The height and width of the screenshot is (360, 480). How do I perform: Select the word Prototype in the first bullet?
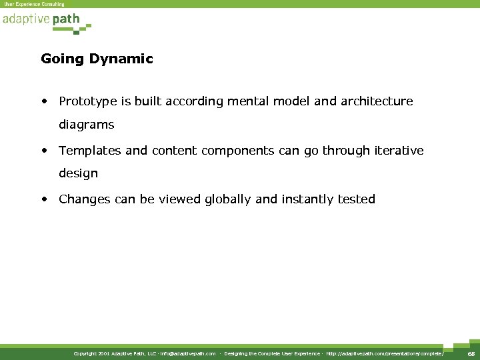(x=87, y=101)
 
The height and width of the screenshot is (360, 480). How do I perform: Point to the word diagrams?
(x=86, y=125)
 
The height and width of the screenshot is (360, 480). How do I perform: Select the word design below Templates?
(x=78, y=173)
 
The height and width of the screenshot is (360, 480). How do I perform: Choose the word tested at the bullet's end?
(x=357, y=199)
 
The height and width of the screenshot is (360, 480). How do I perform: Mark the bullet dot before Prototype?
(x=44, y=102)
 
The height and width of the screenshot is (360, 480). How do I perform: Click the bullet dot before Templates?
(x=44, y=151)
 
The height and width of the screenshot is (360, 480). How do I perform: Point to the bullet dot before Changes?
(x=44, y=199)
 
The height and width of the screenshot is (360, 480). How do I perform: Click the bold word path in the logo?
(x=66, y=19)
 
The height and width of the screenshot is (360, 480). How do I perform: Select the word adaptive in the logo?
(x=25, y=19)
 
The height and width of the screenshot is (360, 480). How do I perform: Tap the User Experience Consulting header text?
(x=35, y=4)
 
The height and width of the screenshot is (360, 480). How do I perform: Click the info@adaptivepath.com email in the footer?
(x=187, y=353)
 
